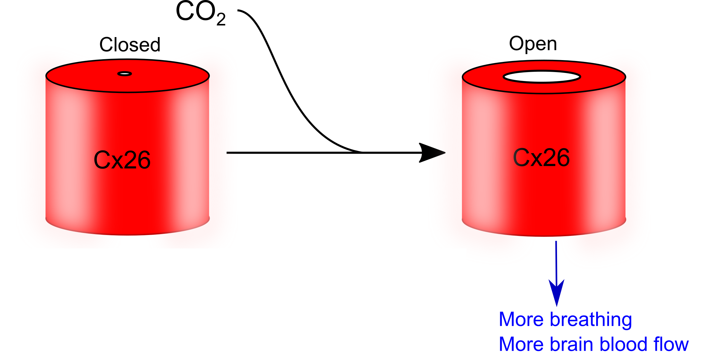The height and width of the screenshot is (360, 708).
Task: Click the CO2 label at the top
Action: (x=200, y=13)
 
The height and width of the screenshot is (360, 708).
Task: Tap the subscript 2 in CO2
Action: (x=221, y=20)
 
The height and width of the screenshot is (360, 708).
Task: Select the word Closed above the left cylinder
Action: (x=130, y=45)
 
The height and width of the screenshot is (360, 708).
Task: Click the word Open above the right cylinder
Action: (x=533, y=44)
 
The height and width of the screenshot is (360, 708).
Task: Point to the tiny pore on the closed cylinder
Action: (x=125, y=74)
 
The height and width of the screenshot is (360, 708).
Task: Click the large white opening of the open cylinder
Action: (x=542, y=77)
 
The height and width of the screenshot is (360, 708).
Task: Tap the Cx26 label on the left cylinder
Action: (x=122, y=160)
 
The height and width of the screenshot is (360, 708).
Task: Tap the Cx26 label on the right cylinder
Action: (x=541, y=158)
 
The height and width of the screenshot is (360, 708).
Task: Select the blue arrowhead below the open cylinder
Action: (x=556, y=292)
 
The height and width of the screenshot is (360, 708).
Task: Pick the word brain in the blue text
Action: (x=571, y=344)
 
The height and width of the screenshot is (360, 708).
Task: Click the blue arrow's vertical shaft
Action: (x=556, y=260)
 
